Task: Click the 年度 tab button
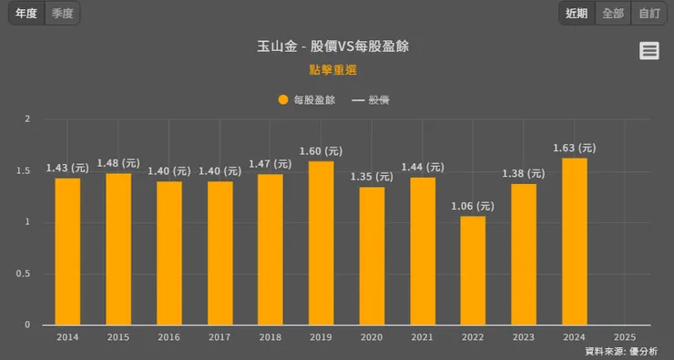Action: [26, 14]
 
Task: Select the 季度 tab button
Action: [61, 14]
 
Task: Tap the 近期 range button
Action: [577, 14]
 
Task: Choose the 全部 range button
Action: [613, 14]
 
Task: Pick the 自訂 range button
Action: [648, 14]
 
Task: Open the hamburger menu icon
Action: [649, 51]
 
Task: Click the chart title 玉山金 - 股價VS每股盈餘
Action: [338, 46]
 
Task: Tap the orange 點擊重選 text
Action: [333, 69]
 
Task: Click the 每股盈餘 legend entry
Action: [307, 100]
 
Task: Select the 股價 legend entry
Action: [371, 100]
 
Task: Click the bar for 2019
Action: [321, 242]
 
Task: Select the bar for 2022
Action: [473, 270]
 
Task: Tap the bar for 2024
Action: [575, 241]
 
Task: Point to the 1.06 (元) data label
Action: [473, 206]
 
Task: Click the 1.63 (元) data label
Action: [575, 148]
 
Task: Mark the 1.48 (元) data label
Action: [118, 163]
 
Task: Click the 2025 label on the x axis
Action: [626, 336]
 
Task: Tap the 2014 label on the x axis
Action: [67, 336]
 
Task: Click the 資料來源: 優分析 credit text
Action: [621, 351]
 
